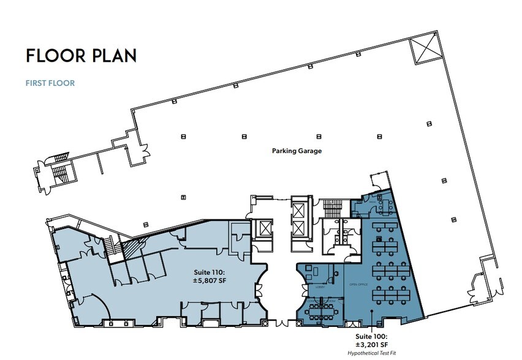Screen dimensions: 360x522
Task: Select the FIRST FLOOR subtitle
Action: coord(50,83)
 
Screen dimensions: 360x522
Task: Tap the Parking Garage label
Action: coord(297,150)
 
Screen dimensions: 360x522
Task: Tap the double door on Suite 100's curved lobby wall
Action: coord(298,288)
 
